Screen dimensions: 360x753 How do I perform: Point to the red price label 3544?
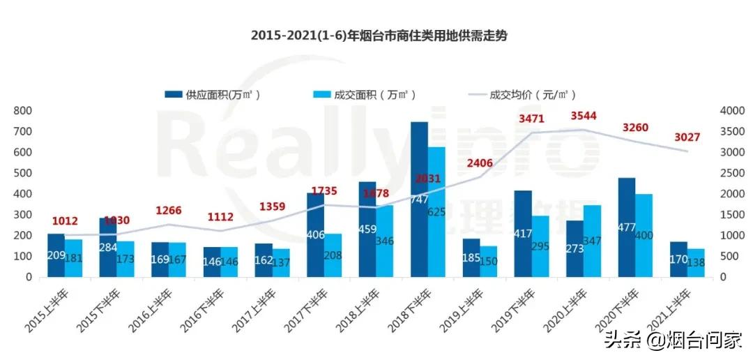coord(584,116)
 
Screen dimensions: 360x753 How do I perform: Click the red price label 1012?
coord(65,222)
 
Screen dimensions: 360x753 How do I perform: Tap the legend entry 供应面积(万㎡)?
coord(216,95)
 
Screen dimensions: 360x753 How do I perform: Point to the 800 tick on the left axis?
coord(23,110)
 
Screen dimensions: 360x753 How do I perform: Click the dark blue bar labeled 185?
coord(471,257)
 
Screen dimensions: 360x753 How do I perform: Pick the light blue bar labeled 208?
coord(333,255)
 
